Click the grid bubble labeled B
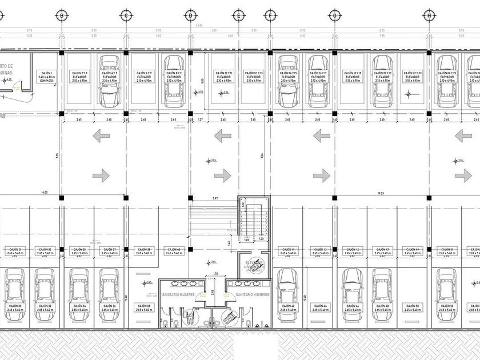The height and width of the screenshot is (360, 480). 61,16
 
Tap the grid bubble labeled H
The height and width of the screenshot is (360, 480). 427,16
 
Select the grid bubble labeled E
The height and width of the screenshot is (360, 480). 237,16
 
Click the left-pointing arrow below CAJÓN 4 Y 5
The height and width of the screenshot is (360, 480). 101,136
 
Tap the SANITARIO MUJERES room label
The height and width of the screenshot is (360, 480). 178,295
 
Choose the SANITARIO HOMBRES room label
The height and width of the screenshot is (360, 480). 249,295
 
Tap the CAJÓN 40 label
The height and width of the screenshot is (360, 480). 174,251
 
